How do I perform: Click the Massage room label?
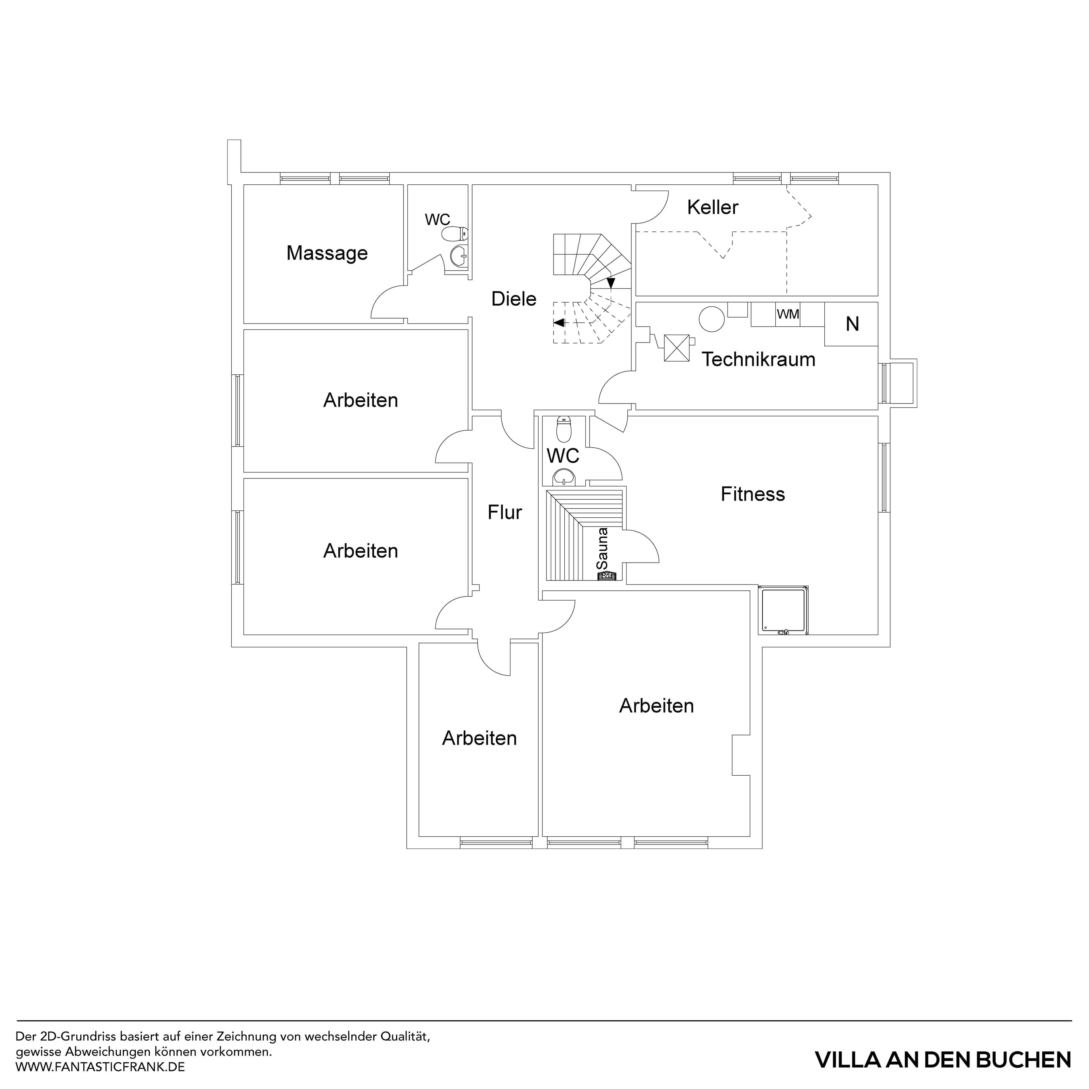(x=327, y=253)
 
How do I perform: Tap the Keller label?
(x=712, y=207)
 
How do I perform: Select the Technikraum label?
(x=758, y=359)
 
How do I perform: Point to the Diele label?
(x=514, y=299)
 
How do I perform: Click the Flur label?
(x=505, y=512)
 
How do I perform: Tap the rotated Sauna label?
(x=603, y=548)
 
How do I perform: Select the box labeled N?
(x=852, y=324)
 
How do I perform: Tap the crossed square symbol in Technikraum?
(x=677, y=348)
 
